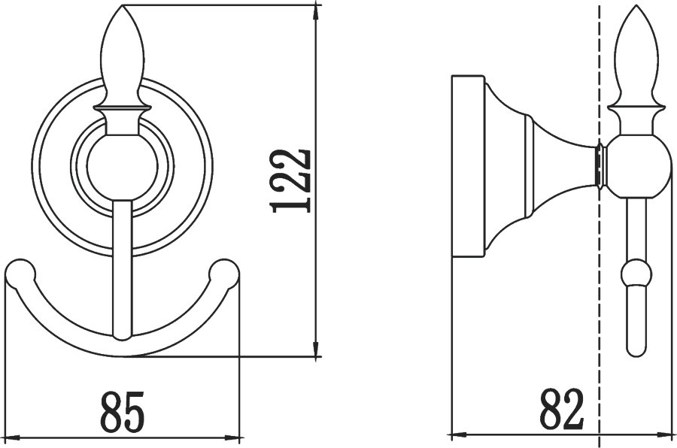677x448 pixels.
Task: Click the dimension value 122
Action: [290, 180]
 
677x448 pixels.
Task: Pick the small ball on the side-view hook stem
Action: [635, 272]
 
